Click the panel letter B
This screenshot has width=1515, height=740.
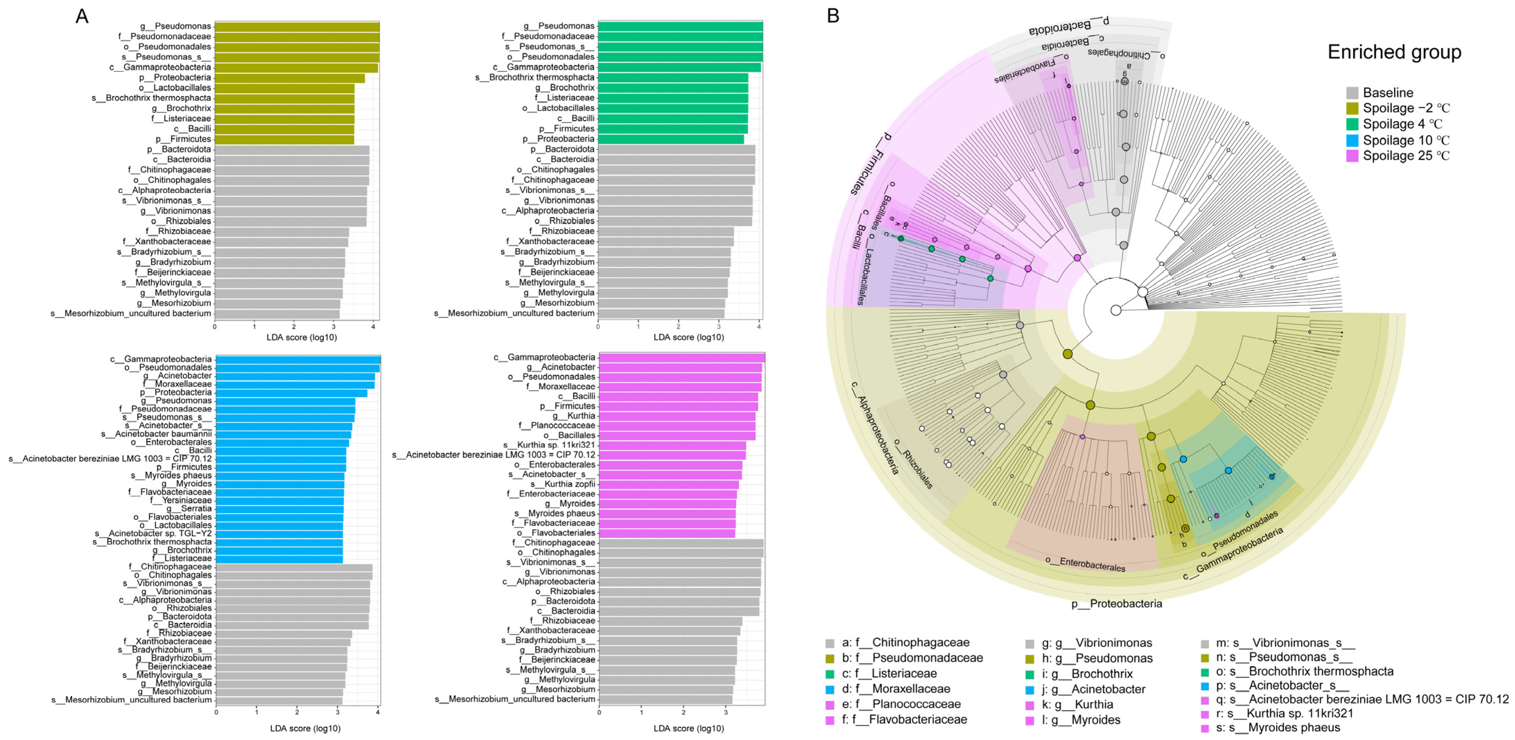click(833, 16)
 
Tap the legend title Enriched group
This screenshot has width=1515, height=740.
click(1394, 52)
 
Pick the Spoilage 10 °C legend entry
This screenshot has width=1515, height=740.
click(1405, 140)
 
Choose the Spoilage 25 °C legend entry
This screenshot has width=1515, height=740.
click(1405, 156)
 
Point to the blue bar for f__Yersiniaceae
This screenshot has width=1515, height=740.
click(279, 501)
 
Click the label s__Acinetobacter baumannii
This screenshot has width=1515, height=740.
click(156, 434)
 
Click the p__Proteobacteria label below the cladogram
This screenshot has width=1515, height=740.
click(1116, 604)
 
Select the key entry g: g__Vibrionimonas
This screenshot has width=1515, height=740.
click(1096, 643)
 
